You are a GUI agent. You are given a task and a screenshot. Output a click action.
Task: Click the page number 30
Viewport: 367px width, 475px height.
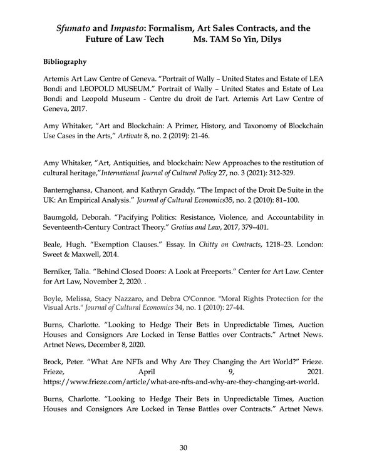pyautogui.click(x=183, y=447)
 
